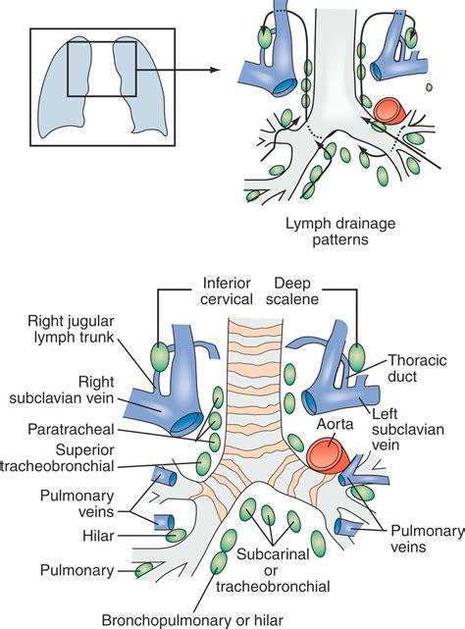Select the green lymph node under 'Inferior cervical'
point(157,351)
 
